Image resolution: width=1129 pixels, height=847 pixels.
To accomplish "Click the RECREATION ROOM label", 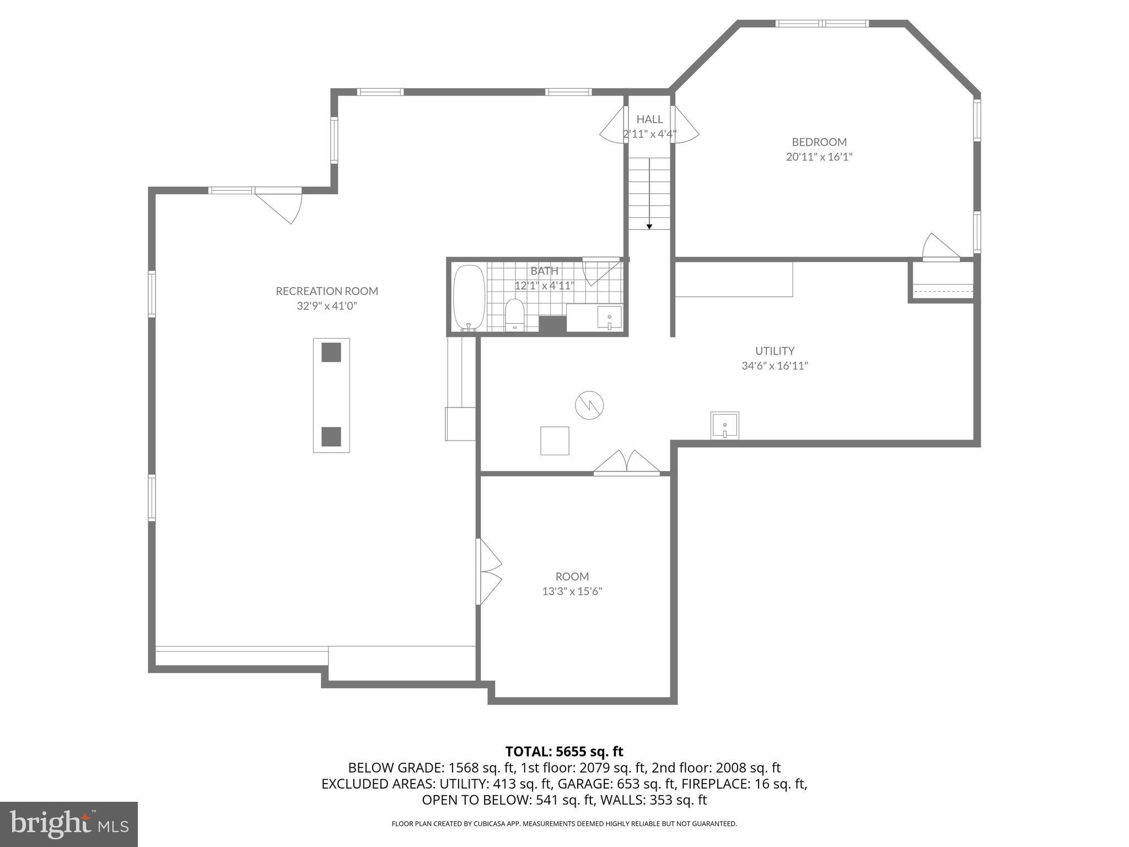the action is point(327,291).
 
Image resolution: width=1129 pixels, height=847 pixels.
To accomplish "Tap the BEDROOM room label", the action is point(819,142).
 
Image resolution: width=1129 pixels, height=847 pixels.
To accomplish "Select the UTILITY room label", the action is point(775,351).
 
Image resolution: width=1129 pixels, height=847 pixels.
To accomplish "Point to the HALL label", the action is point(649,119).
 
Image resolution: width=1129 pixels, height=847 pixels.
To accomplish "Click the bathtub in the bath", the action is point(469,298).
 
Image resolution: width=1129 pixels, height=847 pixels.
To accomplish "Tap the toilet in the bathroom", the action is point(514,315).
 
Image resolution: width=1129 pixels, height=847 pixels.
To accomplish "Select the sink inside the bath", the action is point(609,318).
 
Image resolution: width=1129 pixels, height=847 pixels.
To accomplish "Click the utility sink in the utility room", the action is point(724,426).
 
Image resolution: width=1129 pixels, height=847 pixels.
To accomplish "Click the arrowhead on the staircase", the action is point(649,227).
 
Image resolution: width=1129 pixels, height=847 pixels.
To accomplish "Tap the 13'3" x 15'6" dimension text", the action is point(572,592).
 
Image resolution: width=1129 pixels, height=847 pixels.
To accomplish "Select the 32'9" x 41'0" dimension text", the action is point(327,306).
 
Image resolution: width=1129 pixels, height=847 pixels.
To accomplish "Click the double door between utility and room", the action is point(626,463).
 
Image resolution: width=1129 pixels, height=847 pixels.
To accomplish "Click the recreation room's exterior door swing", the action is point(279,205).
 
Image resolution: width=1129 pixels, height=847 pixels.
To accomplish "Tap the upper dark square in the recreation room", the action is point(331,352).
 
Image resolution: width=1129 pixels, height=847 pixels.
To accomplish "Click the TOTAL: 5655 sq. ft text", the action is point(564,752).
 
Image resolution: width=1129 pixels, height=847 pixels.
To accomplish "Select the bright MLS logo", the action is point(69,824).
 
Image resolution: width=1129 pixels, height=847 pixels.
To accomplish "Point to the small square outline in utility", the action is point(555,441).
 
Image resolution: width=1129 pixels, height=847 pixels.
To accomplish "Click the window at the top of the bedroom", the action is point(822,23).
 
